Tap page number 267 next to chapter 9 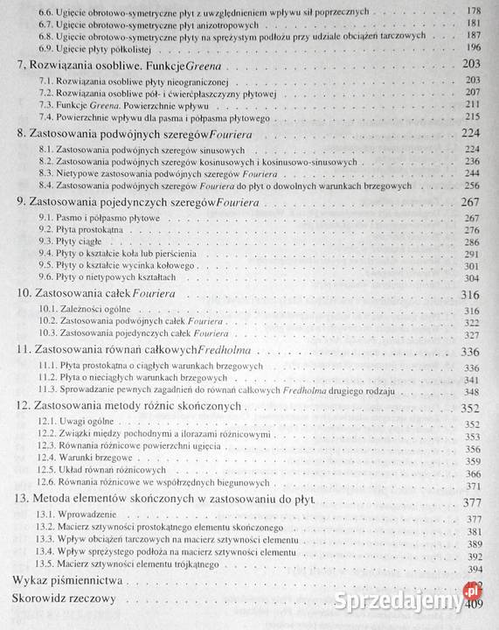(472, 201)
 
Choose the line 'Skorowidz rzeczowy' (66, 600)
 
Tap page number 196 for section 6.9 (476, 47)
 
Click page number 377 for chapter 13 (472, 501)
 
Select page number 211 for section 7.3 (476, 104)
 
